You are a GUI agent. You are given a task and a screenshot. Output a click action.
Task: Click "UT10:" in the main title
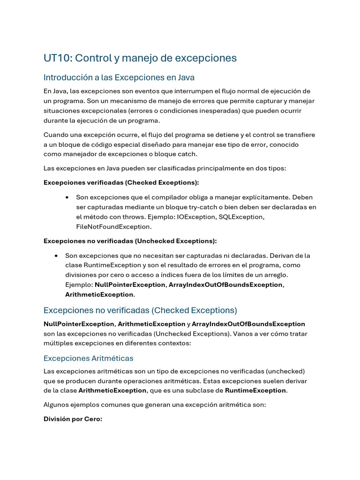58,58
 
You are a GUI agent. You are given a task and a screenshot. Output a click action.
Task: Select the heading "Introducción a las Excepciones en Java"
119,77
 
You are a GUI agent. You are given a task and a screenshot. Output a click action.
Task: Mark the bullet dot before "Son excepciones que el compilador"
68,197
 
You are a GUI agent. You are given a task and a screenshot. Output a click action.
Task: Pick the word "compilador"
186,197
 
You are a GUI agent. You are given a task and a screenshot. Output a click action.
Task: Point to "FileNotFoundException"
114,226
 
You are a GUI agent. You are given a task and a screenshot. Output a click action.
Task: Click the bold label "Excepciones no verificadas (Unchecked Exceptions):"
130,241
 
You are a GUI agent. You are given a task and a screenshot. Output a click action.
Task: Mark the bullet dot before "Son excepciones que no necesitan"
57,256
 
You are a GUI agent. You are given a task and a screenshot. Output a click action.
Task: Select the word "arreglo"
275,275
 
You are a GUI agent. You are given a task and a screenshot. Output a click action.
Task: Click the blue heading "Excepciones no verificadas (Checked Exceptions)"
140,310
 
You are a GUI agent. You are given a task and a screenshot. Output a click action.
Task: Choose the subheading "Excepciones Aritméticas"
88,358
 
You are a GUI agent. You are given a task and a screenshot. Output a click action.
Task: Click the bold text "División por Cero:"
73,419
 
